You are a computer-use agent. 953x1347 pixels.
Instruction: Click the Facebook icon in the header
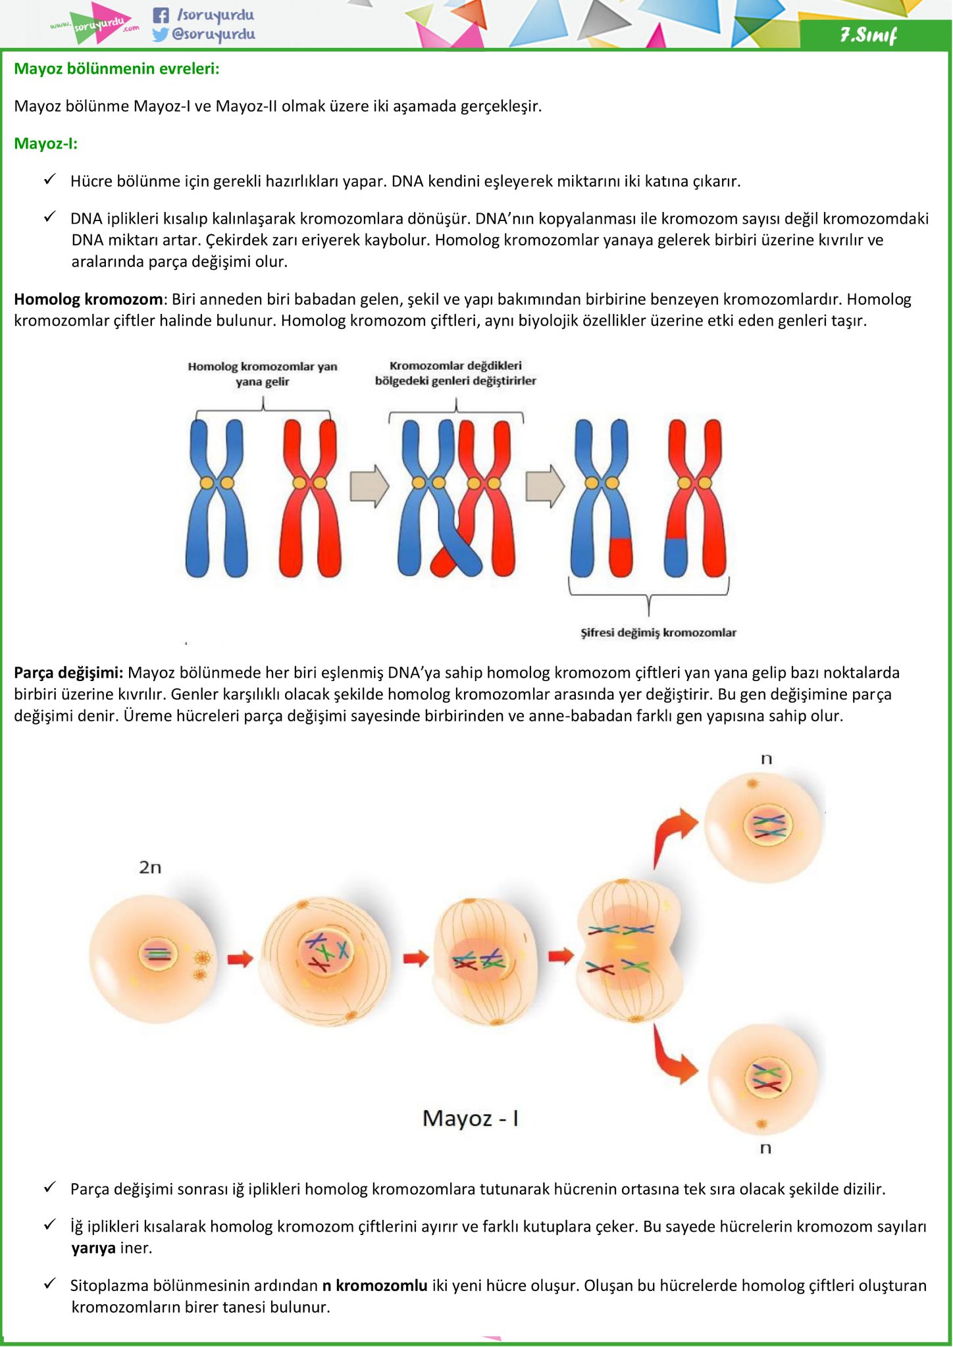[x=161, y=15]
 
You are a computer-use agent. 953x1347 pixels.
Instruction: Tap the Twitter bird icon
[x=161, y=34]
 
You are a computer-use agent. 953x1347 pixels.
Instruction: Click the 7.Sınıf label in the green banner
[x=868, y=35]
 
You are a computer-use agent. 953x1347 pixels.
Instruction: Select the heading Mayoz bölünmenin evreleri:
[x=116, y=68]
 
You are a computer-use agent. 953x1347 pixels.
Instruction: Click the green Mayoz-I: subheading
[x=46, y=143]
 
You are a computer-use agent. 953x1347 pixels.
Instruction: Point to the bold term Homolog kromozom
[x=88, y=299]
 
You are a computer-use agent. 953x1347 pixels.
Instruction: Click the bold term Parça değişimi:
[x=68, y=673]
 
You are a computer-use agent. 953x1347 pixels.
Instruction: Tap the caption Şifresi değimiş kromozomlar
[x=658, y=632]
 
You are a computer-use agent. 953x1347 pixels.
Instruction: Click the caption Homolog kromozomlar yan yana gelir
[x=263, y=374]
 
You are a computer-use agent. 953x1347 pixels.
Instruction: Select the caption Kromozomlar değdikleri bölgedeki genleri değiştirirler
[x=455, y=373]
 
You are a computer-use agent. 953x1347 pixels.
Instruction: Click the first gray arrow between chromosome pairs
[x=369, y=486]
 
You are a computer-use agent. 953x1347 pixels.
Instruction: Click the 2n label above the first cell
[x=150, y=867]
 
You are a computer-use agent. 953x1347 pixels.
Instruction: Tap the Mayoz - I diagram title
[x=471, y=1118]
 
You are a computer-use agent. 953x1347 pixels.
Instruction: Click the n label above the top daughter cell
[x=766, y=759]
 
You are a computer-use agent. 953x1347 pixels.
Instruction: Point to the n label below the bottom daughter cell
[x=765, y=1148]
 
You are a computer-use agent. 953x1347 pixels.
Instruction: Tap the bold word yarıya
[x=93, y=1248]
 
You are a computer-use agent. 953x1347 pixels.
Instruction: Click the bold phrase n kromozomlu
[x=375, y=1285]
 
